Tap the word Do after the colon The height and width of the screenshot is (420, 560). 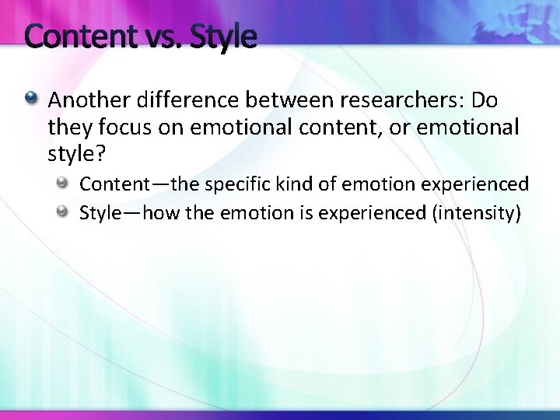[485, 100]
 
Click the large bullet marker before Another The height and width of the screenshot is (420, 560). [31, 100]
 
